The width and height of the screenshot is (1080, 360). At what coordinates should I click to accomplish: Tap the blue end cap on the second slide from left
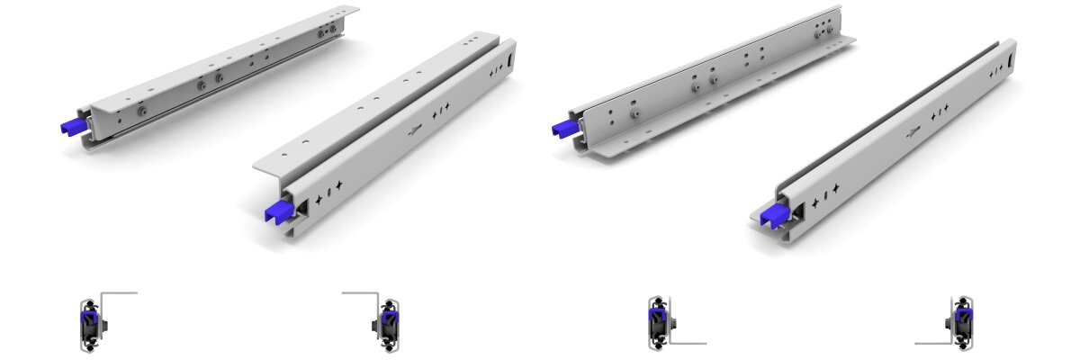(277, 211)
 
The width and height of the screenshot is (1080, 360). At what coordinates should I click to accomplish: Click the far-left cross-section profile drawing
(90, 323)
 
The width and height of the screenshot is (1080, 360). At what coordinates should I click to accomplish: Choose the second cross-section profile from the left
(388, 323)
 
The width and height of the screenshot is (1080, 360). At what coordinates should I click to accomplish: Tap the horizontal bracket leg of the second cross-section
(358, 292)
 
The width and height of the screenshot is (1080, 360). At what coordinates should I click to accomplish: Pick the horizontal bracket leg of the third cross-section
(689, 343)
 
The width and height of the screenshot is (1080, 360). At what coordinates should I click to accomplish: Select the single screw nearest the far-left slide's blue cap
(141, 112)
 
